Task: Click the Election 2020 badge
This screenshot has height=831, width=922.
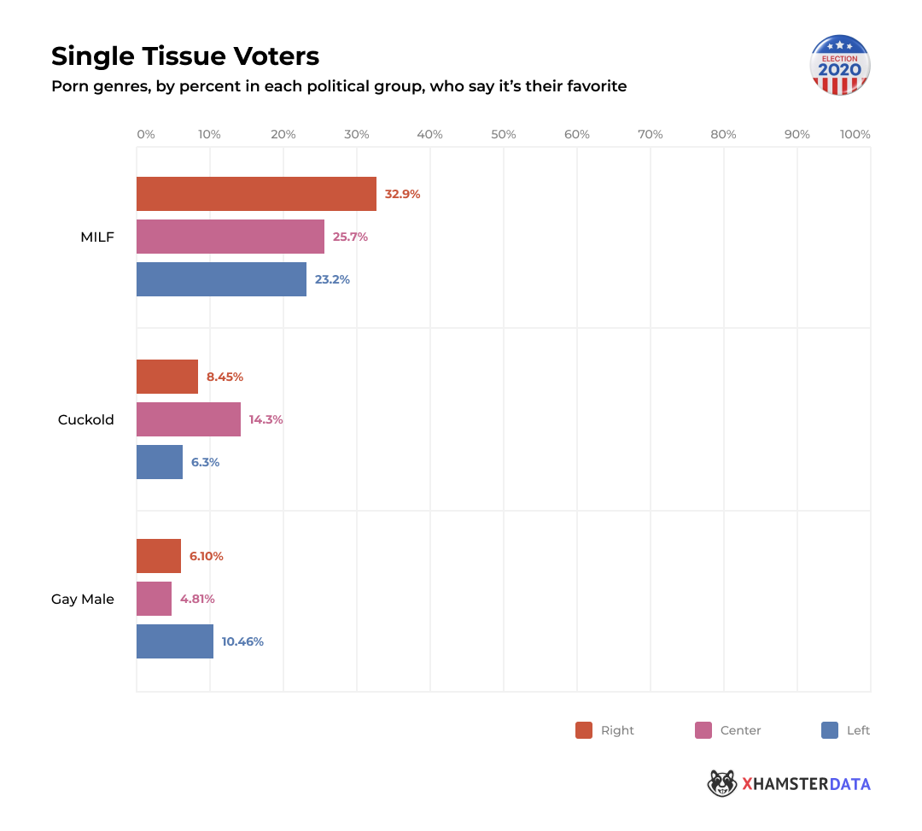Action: [839, 65]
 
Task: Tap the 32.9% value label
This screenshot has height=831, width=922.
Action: [402, 194]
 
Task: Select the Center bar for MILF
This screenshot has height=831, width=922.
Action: [230, 237]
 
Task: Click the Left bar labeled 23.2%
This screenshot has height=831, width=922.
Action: [221, 279]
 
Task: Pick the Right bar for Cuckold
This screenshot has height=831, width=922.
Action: [167, 377]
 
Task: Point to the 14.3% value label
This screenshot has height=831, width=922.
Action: [266, 419]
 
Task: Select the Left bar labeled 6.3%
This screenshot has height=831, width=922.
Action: [160, 462]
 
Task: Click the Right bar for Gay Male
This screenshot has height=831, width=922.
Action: [159, 556]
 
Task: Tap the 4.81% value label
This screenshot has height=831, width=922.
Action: [197, 599]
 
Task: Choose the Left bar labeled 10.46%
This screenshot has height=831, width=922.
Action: [175, 641]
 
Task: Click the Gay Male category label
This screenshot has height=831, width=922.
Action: [83, 599]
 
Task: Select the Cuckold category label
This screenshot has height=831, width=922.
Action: [86, 419]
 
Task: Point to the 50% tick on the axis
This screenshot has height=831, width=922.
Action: [504, 134]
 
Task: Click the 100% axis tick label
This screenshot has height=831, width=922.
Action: [855, 134]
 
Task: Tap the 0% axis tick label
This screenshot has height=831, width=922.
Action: [146, 134]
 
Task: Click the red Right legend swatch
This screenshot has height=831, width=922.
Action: [584, 730]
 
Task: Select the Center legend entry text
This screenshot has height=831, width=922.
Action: [740, 730]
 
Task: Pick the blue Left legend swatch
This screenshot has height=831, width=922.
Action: [829, 730]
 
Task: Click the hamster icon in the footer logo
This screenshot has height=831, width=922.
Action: [722, 783]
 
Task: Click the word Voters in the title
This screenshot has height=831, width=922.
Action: [278, 56]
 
